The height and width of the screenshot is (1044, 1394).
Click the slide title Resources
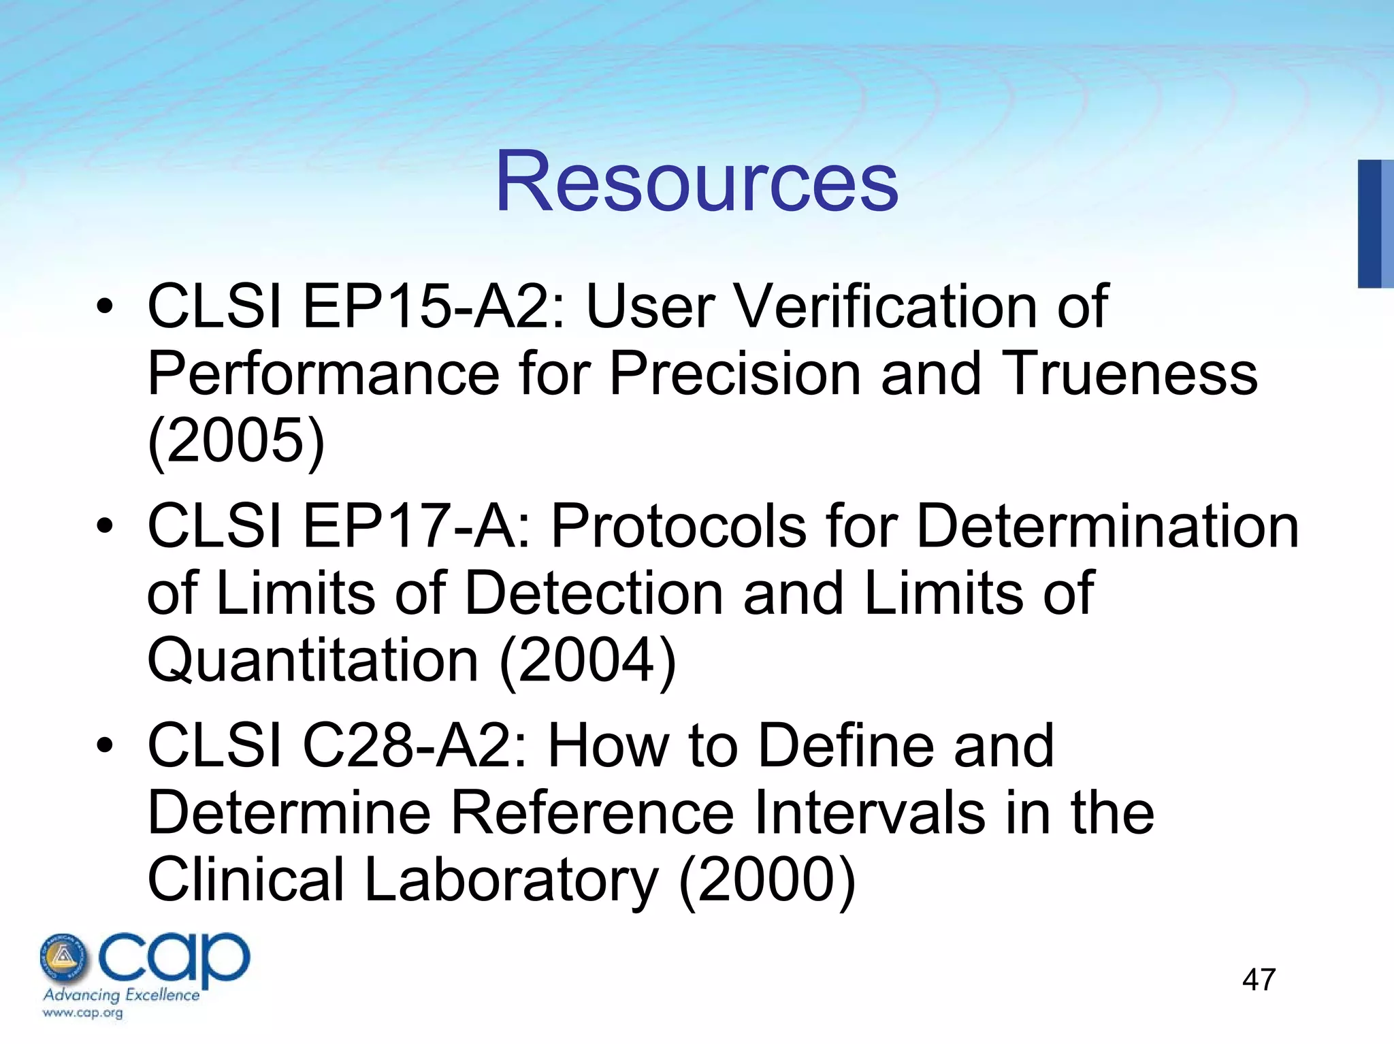[696, 182]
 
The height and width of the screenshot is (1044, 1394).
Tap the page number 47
[1259, 980]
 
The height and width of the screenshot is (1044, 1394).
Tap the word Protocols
[677, 526]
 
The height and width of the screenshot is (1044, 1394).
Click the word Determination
[1107, 526]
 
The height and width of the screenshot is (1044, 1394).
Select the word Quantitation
[313, 660]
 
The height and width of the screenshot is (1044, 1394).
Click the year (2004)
[587, 660]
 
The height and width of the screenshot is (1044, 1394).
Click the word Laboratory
[511, 879]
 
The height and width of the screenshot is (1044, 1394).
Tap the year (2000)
[767, 879]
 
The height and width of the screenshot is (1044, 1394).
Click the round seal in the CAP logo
[63, 956]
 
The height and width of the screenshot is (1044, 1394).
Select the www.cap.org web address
[82, 1013]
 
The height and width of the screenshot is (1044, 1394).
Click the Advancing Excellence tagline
[121, 995]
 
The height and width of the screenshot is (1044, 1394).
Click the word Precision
[734, 374]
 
